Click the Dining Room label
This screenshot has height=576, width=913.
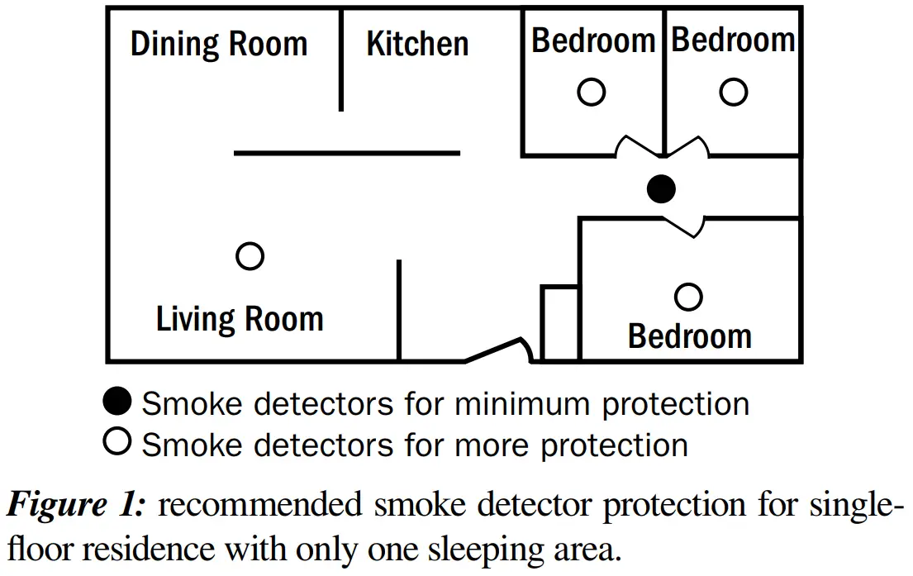(x=219, y=44)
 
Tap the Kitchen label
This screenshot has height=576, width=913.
(x=417, y=44)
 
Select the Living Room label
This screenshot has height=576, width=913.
(x=240, y=319)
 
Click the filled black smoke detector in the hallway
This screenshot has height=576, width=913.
(x=660, y=189)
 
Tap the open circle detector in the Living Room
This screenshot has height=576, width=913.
(x=250, y=256)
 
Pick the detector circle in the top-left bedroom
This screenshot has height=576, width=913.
(x=591, y=92)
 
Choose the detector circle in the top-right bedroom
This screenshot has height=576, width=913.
(x=733, y=92)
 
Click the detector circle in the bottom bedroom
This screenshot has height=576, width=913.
(x=688, y=296)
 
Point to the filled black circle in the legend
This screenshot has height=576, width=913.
(x=117, y=403)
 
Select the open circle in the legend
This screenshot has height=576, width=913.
(x=117, y=443)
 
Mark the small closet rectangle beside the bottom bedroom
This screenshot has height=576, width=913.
(x=560, y=323)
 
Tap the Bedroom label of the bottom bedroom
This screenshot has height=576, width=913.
(x=690, y=336)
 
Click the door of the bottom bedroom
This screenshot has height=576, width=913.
(x=682, y=225)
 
